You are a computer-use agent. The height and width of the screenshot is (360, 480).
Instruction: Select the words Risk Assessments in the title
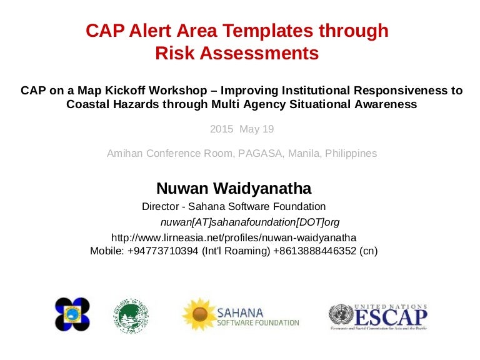tap(237, 54)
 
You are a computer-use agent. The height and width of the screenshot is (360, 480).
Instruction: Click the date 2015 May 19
tap(241, 129)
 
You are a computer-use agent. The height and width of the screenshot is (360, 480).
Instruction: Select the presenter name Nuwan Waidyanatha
tap(234, 188)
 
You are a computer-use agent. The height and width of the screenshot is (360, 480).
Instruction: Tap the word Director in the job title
tap(161, 206)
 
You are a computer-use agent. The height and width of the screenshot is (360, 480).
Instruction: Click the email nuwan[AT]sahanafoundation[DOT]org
tap(250, 222)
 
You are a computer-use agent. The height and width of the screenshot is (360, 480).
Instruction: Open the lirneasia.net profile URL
tap(234, 237)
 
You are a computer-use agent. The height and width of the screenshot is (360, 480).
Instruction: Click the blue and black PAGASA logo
tap(72, 314)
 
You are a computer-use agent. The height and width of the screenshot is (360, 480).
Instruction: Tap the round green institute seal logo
tap(131, 314)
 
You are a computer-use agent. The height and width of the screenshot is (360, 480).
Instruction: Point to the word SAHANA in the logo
tap(240, 311)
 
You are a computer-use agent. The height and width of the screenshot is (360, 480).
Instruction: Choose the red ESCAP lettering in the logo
tap(391, 316)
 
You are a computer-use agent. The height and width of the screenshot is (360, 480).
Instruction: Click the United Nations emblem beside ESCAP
tap(341, 314)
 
